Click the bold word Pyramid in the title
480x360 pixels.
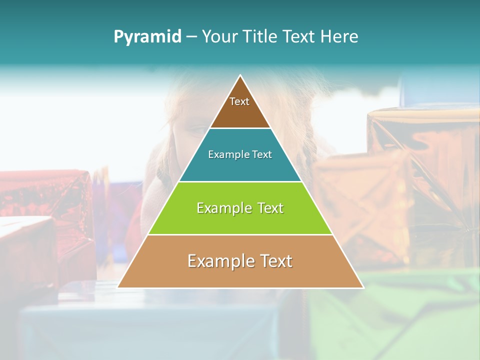pos(147,37)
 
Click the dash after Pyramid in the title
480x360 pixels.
pos(191,37)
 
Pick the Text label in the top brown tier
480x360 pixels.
pos(239,101)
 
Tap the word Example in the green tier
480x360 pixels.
pos(222,208)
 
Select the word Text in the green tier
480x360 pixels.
pos(269,208)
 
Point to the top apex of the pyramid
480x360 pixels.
pos(240,75)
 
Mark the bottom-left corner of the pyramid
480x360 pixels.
pos(118,287)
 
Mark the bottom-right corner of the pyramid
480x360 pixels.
pos(363,287)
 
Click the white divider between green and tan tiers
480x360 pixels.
pos(240,234)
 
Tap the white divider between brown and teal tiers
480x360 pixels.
pos(240,128)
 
